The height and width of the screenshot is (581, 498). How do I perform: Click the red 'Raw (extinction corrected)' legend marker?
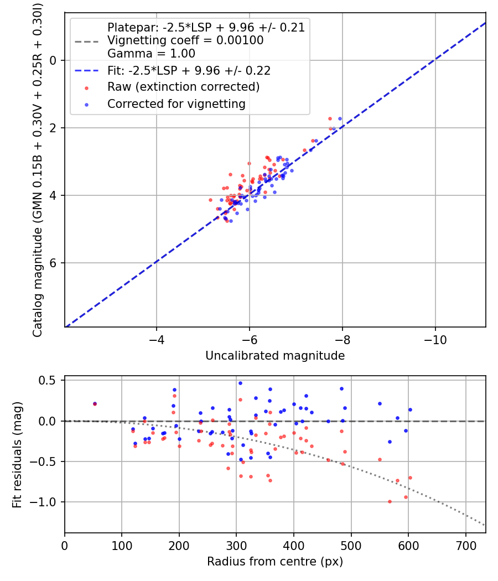point(86,87)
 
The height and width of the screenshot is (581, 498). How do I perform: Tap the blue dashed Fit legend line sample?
point(86,71)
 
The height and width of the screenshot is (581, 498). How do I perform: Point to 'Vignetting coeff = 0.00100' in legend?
point(185,40)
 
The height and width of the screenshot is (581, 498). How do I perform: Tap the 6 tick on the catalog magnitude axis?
point(54,263)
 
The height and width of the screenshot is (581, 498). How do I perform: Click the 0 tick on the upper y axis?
point(54,60)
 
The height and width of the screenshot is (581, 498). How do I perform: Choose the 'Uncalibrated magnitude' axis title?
point(275,356)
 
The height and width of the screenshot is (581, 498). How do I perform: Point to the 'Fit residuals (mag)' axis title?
point(17,454)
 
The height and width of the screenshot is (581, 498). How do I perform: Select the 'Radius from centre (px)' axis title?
point(275,562)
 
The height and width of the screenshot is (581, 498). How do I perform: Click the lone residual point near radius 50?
point(95,404)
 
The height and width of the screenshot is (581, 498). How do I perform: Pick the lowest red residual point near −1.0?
point(390,501)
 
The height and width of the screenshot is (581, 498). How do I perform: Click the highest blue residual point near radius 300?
point(240,383)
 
